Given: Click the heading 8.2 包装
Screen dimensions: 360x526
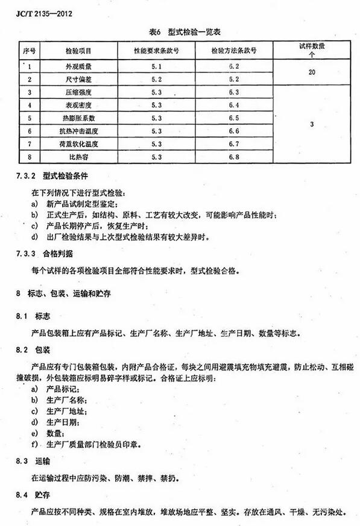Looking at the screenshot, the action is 36,350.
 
